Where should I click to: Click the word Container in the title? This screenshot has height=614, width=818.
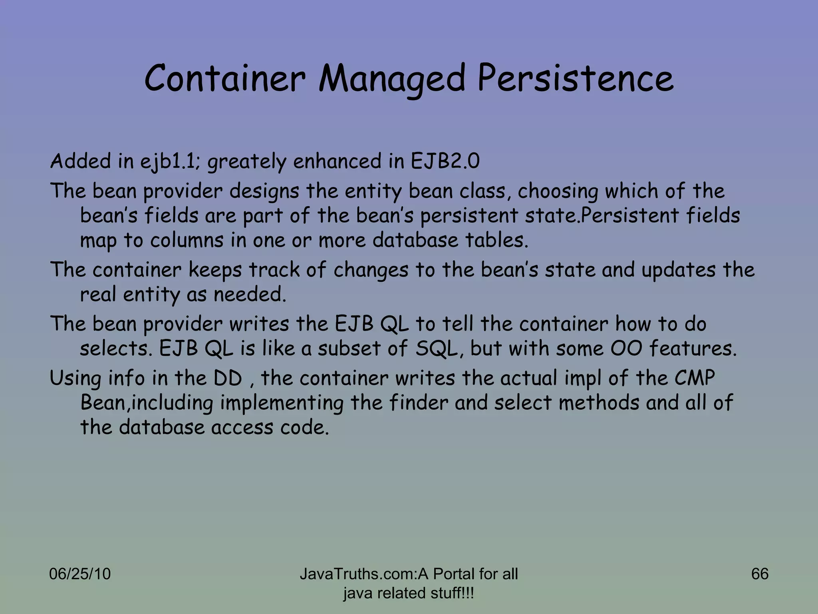(x=225, y=78)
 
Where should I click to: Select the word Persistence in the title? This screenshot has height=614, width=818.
(x=575, y=78)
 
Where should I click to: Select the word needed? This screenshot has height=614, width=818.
(x=250, y=295)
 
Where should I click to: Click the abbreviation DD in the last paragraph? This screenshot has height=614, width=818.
(x=228, y=378)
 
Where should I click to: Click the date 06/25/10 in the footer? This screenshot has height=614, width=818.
(x=80, y=574)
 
